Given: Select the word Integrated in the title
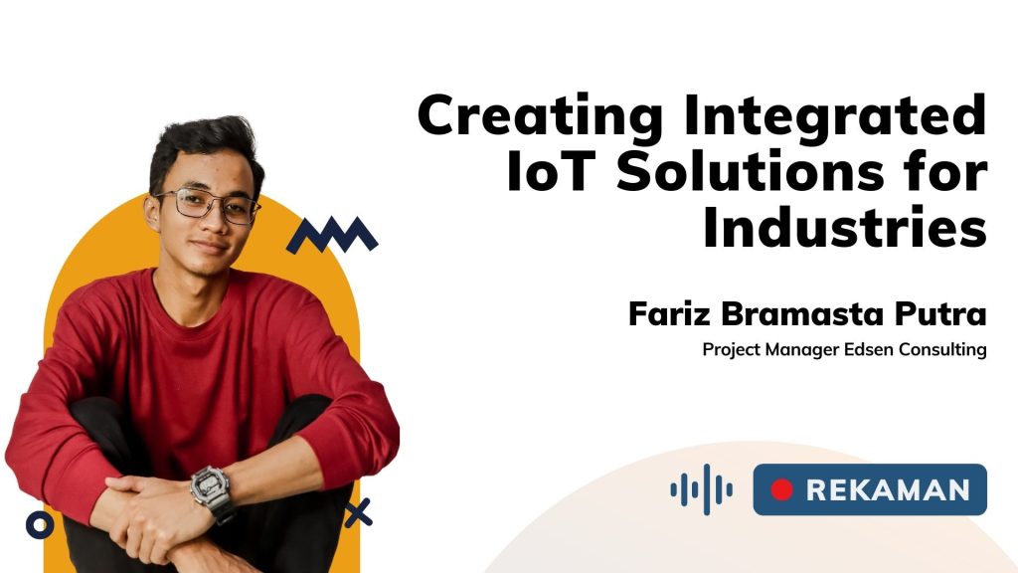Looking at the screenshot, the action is click(836, 117).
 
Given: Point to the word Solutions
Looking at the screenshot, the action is click(751, 172).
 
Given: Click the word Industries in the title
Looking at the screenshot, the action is click(845, 228).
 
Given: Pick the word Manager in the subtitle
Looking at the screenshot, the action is click(802, 350).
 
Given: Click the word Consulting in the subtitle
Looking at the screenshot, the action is click(942, 350).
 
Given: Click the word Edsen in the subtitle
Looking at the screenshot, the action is click(869, 349).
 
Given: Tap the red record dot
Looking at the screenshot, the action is click(781, 489).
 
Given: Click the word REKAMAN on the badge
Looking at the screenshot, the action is click(888, 489).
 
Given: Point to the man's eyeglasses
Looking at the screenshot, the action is click(208, 204).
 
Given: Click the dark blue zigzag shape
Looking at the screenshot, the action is click(332, 235).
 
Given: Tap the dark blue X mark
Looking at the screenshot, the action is click(358, 512).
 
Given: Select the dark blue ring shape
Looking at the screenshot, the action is click(40, 524).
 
